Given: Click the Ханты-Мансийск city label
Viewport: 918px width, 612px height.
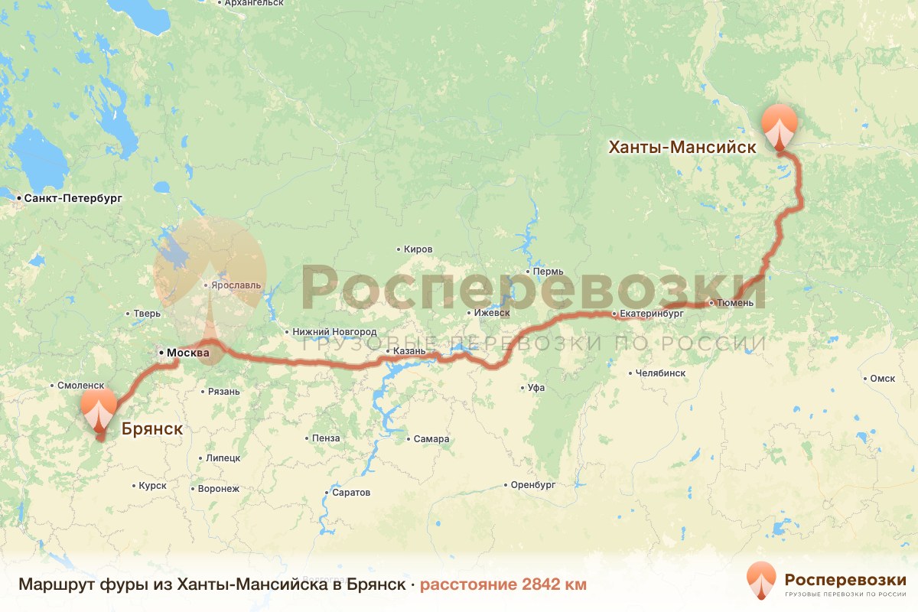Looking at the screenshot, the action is (682, 146).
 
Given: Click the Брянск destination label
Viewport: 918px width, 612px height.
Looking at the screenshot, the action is (151, 428).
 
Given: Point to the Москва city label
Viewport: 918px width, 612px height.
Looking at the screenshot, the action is (187, 353).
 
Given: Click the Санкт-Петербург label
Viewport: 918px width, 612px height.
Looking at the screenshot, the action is (73, 198).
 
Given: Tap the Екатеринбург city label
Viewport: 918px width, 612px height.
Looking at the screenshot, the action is (651, 314).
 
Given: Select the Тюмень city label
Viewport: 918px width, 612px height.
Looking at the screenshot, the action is (736, 303).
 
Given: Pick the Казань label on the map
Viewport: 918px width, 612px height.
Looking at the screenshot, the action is (409, 351).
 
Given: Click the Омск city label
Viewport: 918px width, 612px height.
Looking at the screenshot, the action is (882, 378).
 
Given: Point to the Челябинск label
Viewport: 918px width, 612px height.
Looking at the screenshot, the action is (660, 373).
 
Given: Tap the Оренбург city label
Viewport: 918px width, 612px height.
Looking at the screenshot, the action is (533, 485).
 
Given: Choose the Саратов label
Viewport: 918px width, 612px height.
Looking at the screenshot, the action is (352, 493).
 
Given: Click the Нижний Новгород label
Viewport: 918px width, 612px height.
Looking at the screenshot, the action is (334, 332).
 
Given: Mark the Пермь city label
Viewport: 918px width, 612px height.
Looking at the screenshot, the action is (549, 272).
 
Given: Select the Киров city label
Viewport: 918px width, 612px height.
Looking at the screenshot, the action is (418, 249).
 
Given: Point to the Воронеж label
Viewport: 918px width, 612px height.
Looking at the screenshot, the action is (218, 488).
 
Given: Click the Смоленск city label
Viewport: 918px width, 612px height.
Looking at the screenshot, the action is (80, 386).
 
